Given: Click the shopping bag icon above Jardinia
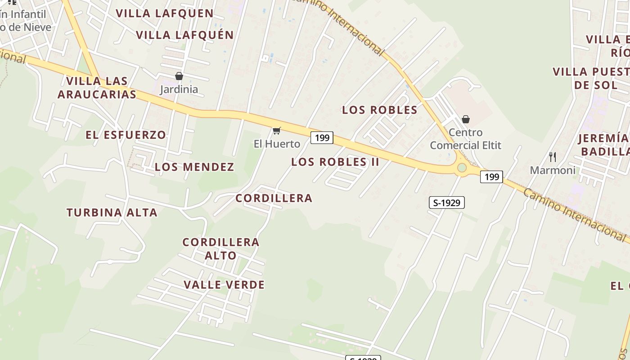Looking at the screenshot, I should click(x=179, y=76).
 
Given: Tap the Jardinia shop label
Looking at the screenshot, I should click(x=179, y=89).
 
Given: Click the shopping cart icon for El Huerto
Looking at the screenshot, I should click(x=277, y=131).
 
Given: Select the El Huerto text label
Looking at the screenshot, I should click(x=277, y=144).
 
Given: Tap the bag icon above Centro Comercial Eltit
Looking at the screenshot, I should click(x=466, y=119).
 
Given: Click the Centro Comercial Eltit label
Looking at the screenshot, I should click(x=466, y=139).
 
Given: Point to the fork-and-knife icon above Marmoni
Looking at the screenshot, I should click(x=553, y=157).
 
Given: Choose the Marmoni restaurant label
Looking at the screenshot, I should click(x=553, y=170).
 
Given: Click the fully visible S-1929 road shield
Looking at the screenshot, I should click(x=446, y=203).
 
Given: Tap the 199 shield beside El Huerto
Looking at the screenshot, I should click(x=322, y=138).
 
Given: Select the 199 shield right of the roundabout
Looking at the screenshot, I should click(x=491, y=177).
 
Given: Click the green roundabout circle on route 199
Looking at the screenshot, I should click(x=462, y=168).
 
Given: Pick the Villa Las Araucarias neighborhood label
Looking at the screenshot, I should click(x=97, y=88).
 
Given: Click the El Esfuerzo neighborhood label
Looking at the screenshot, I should click(x=126, y=135).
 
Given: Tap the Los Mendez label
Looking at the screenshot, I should click(x=194, y=167).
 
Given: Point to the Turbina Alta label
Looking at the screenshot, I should click(x=112, y=212).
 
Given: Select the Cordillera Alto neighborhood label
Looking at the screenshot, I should click(x=221, y=248).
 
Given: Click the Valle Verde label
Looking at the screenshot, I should click(x=224, y=284).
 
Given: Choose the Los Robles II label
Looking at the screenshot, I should click(x=335, y=162).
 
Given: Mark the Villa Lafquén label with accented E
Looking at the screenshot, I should click(x=185, y=35).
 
